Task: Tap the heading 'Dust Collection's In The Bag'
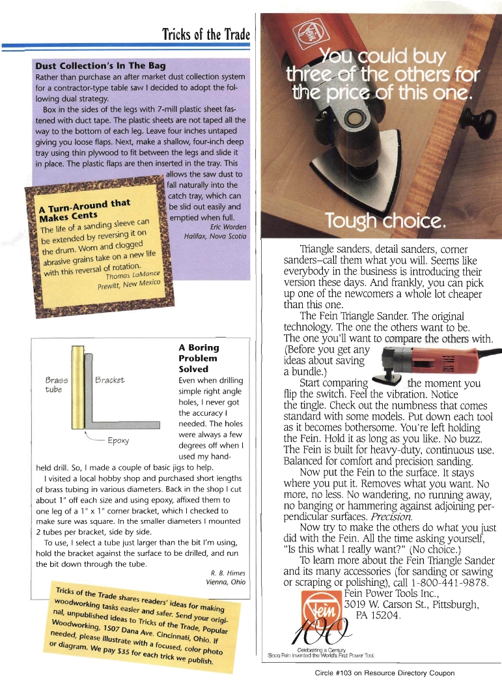click(100, 66)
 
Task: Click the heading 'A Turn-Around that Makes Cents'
click(84, 210)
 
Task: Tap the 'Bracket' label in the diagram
click(109, 380)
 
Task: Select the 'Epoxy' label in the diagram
click(117, 440)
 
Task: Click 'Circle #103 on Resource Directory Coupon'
click(384, 673)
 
